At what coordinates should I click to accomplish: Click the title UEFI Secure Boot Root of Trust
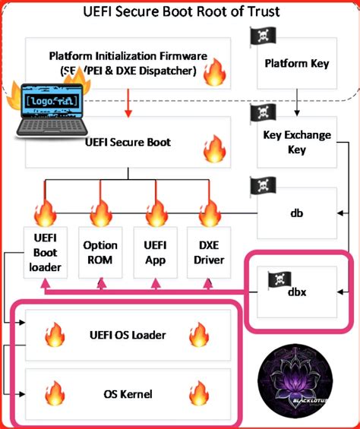point(180,12)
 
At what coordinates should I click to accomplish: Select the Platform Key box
point(297,63)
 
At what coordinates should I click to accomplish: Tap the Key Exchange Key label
point(297,143)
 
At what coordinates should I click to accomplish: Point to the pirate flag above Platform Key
point(261,36)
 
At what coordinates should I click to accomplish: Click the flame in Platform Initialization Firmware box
point(214,74)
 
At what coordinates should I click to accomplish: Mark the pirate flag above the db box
point(261,185)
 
